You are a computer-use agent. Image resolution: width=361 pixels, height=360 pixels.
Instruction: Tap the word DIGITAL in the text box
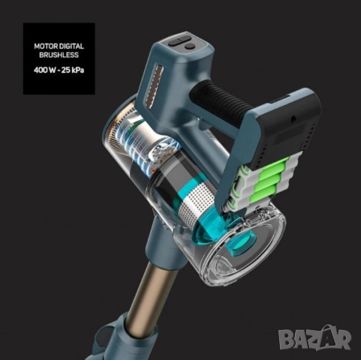point(72,46)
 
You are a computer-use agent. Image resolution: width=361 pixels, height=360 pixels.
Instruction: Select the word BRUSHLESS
point(59,55)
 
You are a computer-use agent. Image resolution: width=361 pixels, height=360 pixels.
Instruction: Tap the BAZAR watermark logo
point(315,337)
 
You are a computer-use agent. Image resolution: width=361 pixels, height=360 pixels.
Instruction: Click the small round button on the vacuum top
point(190,46)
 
